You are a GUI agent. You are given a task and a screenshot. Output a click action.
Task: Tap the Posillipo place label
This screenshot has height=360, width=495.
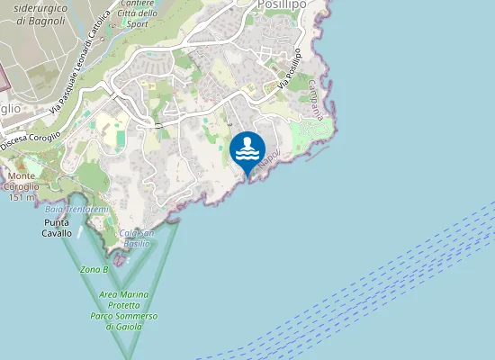click(x=282, y=4)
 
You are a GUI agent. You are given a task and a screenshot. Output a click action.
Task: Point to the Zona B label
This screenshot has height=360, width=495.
click(x=94, y=269)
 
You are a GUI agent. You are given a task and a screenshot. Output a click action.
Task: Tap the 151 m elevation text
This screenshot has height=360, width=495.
click(x=21, y=197)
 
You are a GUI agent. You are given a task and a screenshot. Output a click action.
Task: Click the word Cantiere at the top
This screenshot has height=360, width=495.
click(x=137, y=4)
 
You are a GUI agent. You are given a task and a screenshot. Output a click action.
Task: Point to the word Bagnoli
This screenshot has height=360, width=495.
click(x=45, y=19)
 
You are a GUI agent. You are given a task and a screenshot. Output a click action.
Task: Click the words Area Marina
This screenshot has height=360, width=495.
click(x=123, y=295)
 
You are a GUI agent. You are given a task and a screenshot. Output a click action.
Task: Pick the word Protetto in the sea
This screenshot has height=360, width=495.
click(x=123, y=306)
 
